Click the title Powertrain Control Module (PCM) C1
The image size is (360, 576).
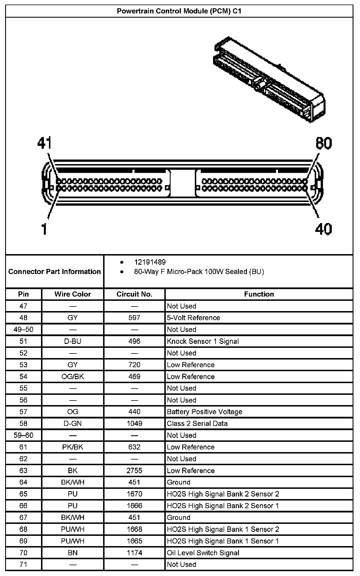click(179, 11)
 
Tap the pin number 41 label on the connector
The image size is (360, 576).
click(44, 143)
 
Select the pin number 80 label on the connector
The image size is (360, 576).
click(324, 143)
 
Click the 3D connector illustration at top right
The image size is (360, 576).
click(269, 79)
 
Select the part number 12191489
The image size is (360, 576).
click(150, 262)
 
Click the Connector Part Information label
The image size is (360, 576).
click(54, 271)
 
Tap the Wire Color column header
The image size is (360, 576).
click(73, 294)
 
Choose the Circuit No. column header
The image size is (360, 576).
click(134, 294)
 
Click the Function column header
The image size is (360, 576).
click(259, 294)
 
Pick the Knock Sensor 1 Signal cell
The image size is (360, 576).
click(203, 341)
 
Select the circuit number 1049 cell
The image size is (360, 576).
click(134, 423)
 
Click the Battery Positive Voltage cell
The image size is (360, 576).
click(204, 412)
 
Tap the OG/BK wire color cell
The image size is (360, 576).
click(73, 377)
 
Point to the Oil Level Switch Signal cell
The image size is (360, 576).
click(203, 553)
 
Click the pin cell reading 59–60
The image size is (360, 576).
click(23, 435)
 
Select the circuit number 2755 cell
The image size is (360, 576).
click(134, 471)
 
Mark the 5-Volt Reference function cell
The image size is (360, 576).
click(193, 318)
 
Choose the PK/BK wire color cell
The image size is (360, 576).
click(73, 447)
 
